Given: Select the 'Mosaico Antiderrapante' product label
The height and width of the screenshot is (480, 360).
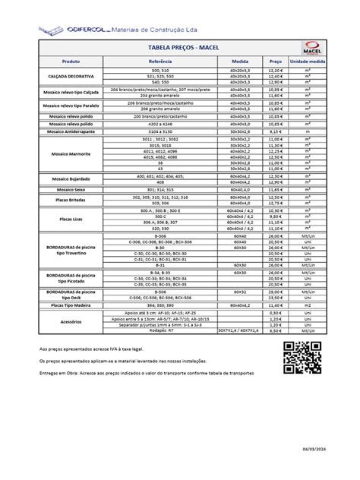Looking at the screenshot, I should (71, 132).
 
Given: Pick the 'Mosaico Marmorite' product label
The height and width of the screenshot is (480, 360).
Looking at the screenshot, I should (71, 153).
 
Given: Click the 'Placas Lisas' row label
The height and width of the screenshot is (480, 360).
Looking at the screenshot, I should (71, 218).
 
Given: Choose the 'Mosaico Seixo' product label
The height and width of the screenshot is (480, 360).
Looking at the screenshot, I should (71, 188).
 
